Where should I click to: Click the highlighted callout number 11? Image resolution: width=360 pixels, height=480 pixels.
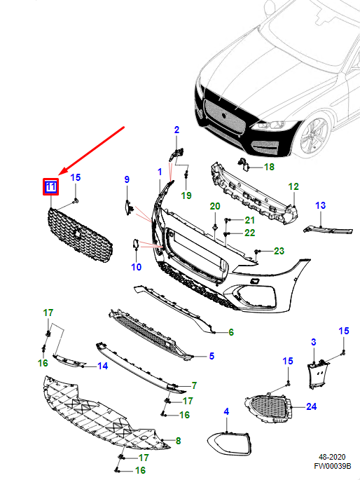(x=50, y=186)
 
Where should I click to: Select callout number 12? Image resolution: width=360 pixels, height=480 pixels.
(x=293, y=186)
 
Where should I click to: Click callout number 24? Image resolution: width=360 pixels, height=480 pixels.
(x=312, y=406)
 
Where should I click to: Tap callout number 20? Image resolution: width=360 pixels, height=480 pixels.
(x=215, y=205)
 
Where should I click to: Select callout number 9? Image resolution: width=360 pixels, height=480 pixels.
(x=127, y=180)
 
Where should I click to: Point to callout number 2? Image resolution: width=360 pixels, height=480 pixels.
(x=176, y=130)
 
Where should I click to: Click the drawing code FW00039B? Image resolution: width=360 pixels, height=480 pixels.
(x=332, y=465)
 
